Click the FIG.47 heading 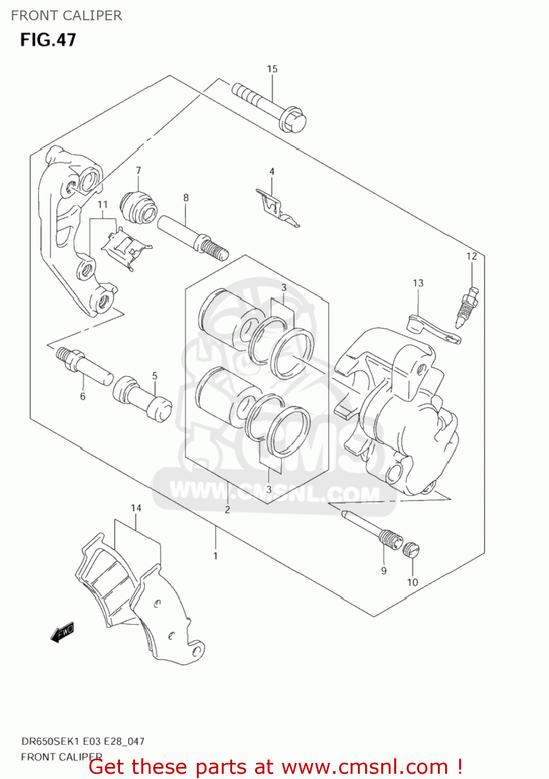pos(48,40)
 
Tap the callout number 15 pos(272,69)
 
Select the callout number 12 pos(471,256)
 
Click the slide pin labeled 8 pos(192,236)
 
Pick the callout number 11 pos(102,205)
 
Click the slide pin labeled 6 pos(84,366)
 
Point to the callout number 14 pos(136,508)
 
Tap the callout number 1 pos(216,556)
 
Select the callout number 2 pos(227,509)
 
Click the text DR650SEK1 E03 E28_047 pos(83,741)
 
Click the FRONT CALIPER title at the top pos(66,16)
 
